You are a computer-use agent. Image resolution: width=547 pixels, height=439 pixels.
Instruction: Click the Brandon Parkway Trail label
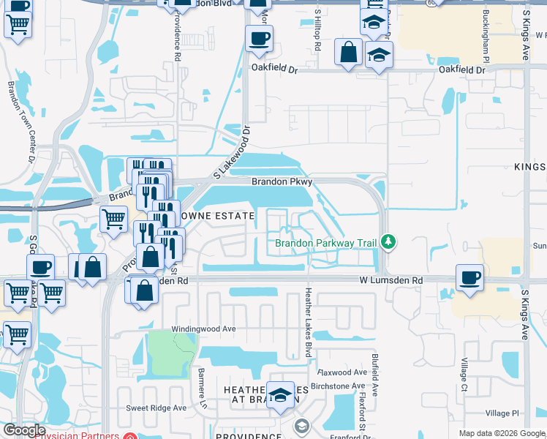click(x=327, y=243)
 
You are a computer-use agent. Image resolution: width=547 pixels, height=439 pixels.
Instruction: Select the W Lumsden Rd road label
click(x=391, y=280)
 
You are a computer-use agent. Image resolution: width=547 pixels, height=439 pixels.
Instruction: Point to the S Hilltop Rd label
click(x=318, y=31)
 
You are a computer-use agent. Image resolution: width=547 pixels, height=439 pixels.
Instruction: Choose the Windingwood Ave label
click(x=203, y=329)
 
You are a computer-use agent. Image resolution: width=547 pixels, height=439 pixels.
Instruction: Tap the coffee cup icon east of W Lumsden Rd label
click(x=469, y=277)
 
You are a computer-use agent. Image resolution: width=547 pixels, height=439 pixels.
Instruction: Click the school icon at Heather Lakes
click(x=279, y=396)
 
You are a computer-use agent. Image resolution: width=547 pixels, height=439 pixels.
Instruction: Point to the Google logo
click(x=23, y=430)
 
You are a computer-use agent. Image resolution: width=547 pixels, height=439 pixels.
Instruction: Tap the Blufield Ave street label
click(x=375, y=375)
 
